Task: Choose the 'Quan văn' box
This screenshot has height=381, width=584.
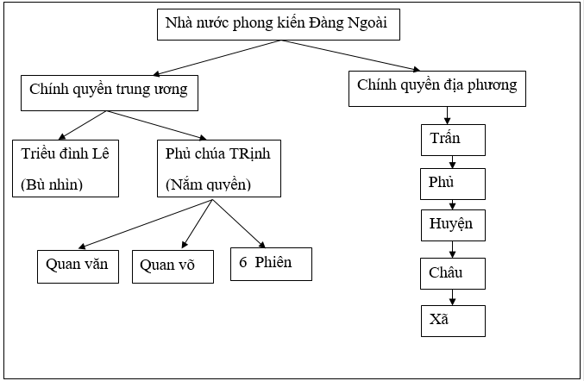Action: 78,265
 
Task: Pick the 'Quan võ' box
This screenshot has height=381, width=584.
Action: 173,266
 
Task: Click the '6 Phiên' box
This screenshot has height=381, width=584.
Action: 270,263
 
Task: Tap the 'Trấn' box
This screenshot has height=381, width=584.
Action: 454,139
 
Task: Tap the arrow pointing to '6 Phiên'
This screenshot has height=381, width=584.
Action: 237,223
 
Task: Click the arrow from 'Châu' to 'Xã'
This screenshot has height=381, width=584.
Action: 454,297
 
